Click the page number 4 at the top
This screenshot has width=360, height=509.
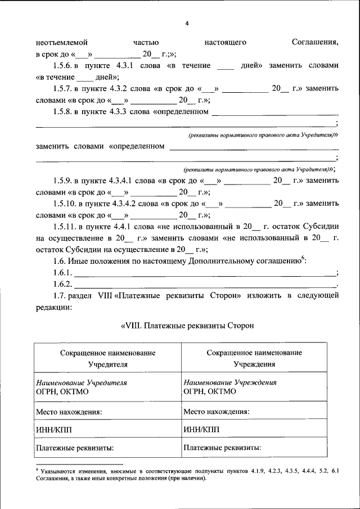(187, 23)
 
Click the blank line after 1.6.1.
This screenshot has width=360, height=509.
(205, 273)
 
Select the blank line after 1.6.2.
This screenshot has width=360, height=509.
(205, 285)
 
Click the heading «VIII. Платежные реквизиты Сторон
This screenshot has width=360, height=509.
(187, 325)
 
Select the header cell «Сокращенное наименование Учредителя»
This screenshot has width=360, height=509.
(107, 358)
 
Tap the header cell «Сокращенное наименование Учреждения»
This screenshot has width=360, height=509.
(254, 358)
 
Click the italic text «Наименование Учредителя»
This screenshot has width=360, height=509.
(81, 382)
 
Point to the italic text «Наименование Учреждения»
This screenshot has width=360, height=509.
(229, 382)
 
